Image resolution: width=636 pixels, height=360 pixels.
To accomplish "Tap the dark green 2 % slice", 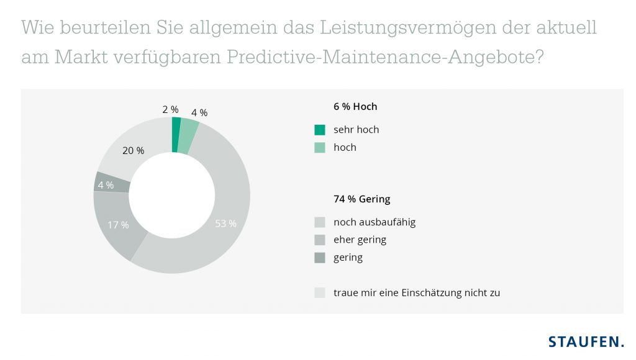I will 176,134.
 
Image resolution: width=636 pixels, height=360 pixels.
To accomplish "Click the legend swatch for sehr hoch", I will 320,130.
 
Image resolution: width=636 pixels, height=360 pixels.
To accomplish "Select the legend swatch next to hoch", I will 320,148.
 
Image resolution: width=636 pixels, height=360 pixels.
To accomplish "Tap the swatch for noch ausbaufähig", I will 320,222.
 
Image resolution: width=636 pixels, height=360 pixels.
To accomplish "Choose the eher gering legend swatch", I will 320,240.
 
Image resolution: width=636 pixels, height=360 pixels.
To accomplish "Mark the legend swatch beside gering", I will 320,257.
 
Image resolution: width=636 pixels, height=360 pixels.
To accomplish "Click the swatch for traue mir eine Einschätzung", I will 320,292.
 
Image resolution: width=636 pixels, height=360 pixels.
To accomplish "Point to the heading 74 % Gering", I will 361,199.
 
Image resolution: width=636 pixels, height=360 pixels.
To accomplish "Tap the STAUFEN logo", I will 586,341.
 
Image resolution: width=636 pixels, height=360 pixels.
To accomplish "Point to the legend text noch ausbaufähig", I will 374,222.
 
